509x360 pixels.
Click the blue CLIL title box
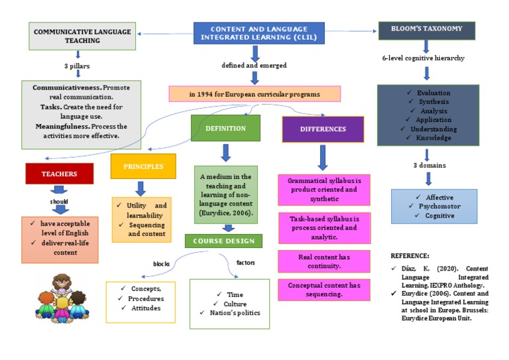pos(259,33)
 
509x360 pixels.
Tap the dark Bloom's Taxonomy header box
pos(427,29)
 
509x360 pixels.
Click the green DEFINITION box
pos(225,128)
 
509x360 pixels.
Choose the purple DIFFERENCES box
pos(323,129)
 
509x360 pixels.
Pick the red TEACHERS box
pos(60,174)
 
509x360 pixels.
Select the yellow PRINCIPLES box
pos(143,166)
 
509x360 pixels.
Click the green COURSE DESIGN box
pos(223,241)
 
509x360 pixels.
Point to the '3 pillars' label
pos(78,66)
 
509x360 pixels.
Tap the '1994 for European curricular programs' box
pos(254,94)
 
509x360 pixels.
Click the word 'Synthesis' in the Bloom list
pos(434,102)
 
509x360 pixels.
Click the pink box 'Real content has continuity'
pos(323,261)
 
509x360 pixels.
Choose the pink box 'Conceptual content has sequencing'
pos(323,289)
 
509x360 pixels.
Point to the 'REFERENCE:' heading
pos(410,255)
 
